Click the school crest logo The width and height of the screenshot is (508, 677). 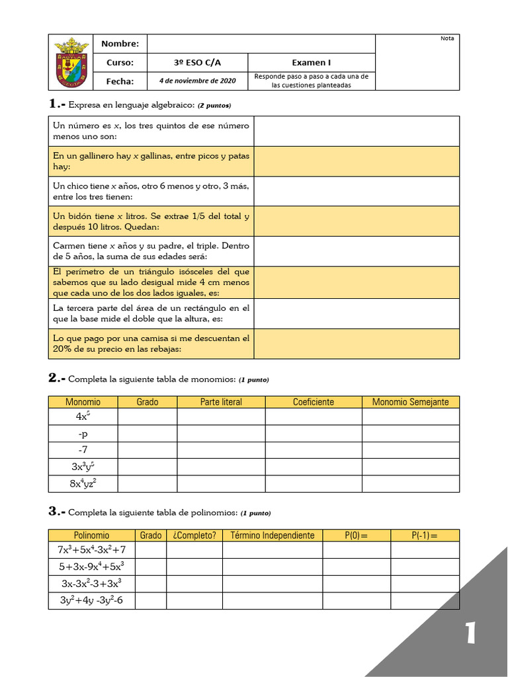[71, 62]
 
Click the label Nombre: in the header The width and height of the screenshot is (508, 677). [120, 44]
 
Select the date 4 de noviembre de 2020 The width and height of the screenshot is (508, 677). [197, 81]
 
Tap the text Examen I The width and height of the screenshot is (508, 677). [311, 63]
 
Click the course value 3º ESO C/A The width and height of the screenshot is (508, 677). [197, 63]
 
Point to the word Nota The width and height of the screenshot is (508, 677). [447, 38]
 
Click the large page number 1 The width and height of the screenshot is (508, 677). [470, 633]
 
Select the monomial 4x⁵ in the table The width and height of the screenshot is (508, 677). [83, 417]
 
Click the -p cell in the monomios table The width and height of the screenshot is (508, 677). [83, 434]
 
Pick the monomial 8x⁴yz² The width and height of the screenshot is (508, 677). [83, 484]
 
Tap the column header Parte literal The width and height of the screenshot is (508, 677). [221, 402]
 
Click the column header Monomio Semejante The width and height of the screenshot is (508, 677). [410, 402]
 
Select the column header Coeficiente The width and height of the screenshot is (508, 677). [314, 402]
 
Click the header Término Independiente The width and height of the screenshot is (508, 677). [272, 535]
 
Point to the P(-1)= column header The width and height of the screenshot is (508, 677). [425, 535]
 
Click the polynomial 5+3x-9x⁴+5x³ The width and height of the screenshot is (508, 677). [91, 567]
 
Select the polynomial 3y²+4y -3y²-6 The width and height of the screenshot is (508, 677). [91, 600]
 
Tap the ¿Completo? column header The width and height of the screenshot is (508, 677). [194, 535]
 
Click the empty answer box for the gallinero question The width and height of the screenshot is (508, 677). [356, 161]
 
